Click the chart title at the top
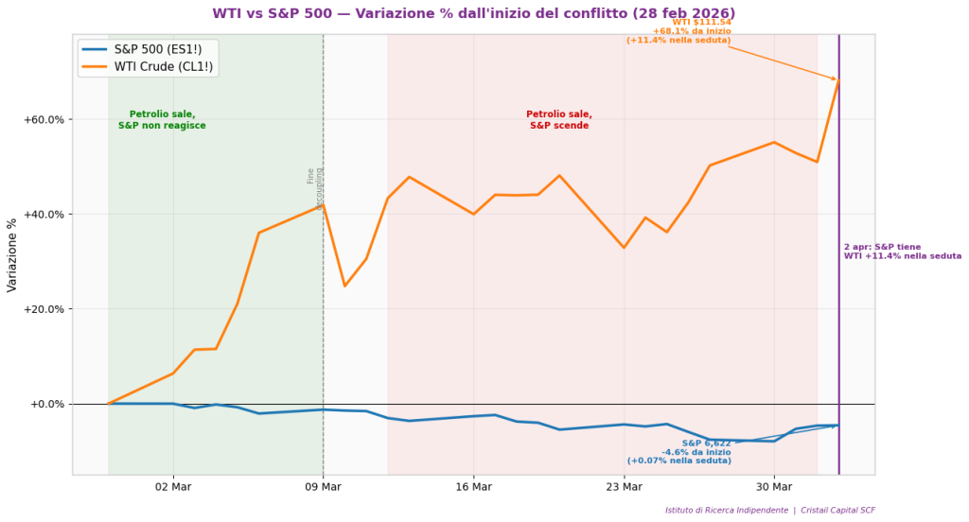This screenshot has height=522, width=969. point(473,13)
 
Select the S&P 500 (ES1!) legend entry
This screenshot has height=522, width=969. point(159,48)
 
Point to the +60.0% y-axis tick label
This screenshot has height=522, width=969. point(44,120)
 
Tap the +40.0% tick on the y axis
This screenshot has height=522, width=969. point(44,215)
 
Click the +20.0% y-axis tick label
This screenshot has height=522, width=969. point(44,309)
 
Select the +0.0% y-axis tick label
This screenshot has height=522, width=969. point(47,404)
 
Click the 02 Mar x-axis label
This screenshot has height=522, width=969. point(172,487)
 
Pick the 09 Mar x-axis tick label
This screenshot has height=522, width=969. point(323,487)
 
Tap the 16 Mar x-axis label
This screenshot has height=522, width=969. point(473,487)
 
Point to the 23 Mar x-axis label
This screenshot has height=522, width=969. point(624,487)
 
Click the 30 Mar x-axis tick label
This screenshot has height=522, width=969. point(774,487)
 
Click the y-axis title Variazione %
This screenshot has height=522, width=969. point(12,255)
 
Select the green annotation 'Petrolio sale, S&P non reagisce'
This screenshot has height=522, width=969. point(162,120)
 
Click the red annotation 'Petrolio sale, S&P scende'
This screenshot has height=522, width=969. point(559,120)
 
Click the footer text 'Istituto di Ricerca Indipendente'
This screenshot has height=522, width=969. point(727,510)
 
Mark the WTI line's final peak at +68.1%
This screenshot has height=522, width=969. point(838,81)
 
